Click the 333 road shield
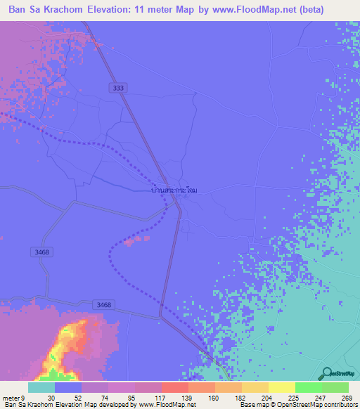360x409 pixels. [x=119, y=88]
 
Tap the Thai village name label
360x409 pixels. [x=176, y=190]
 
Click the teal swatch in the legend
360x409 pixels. [x=41, y=387]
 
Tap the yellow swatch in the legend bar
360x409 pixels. [x=281, y=387]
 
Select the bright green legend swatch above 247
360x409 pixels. [x=308, y=387]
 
